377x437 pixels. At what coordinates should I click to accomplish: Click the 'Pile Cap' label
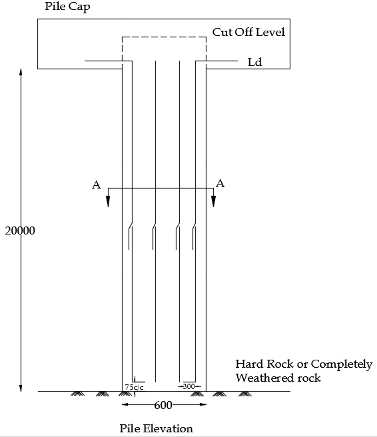click(x=68, y=7)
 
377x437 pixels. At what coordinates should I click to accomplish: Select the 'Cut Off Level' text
click(x=248, y=32)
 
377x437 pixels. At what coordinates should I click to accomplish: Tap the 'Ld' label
click(x=255, y=62)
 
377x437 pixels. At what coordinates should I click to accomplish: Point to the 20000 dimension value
click(x=20, y=230)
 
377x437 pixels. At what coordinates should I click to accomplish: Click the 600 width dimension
click(x=163, y=405)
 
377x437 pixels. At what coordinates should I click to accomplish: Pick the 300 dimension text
click(x=188, y=386)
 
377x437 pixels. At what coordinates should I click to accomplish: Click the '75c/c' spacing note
click(x=135, y=387)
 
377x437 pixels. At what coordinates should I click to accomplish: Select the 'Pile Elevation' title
click(x=156, y=428)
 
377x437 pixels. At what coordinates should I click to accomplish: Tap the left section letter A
click(x=97, y=185)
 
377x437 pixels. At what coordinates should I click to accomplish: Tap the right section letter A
click(x=220, y=184)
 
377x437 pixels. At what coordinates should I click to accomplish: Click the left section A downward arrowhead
click(x=108, y=201)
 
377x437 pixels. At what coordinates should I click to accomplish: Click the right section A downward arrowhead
click(x=213, y=201)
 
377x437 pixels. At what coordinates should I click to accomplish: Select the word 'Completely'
click(x=342, y=364)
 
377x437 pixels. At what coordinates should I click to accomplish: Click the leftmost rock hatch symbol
click(x=77, y=394)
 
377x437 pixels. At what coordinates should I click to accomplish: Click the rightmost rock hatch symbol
click(x=245, y=394)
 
